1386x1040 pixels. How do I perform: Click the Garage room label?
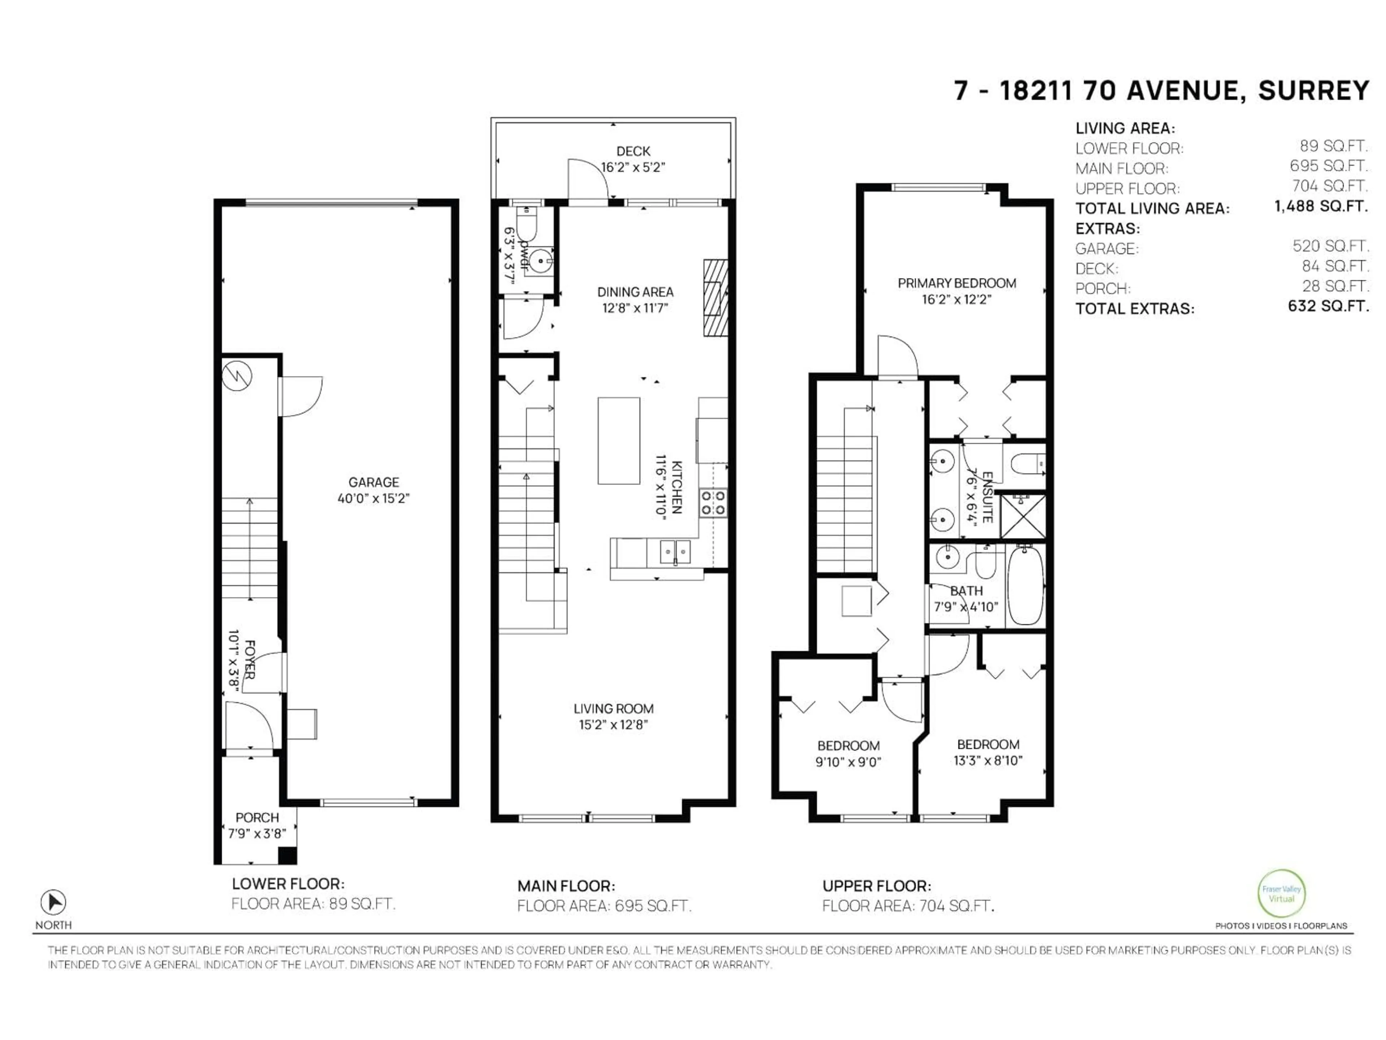tap(374, 482)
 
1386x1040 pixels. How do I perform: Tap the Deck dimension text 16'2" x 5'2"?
tap(633, 168)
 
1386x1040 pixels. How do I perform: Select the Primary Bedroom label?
tap(956, 283)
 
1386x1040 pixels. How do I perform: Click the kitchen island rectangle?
tap(618, 441)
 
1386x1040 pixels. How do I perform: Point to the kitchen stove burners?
tap(713, 503)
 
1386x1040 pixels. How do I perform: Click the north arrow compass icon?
tap(53, 903)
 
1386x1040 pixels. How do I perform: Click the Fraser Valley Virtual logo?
tap(1281, 894)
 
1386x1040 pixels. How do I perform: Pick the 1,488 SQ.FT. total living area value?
tap(1320, 206)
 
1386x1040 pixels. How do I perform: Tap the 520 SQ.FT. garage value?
tap(1330, 246)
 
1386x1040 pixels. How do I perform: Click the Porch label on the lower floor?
tap(257, 818)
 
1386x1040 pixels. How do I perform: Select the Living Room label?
tap(614, 708)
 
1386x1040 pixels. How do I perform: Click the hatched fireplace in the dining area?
tap(715, 298)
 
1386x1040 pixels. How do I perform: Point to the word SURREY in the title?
tap(1313, 91)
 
